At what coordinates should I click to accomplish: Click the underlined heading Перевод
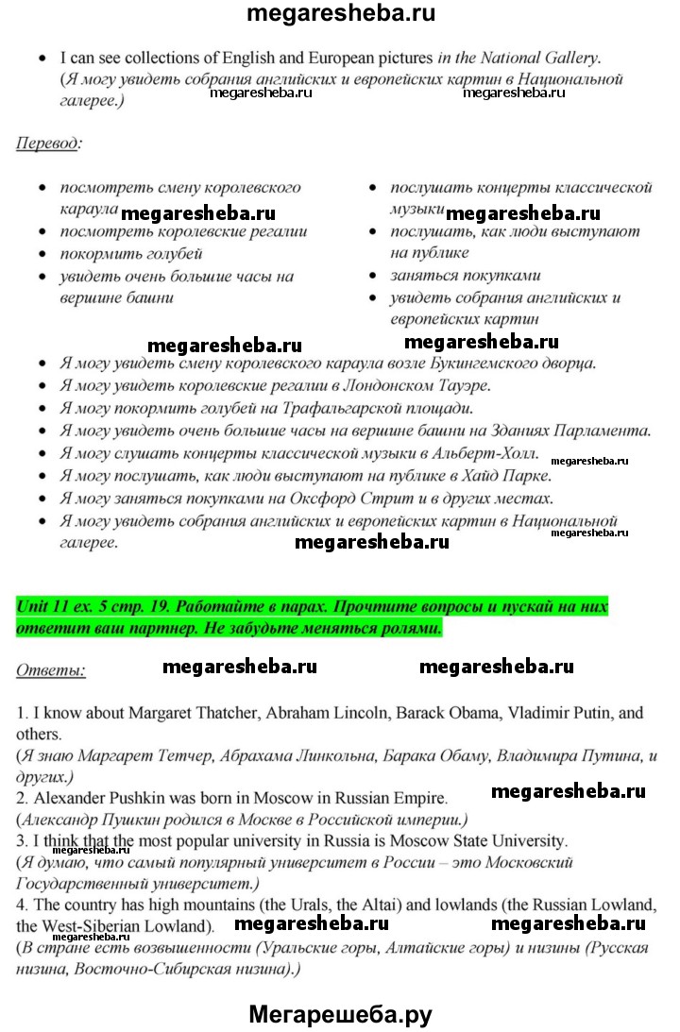[x=47, y=144]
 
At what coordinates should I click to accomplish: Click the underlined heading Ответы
[x=50, y=670]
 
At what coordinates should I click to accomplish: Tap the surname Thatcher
[x=218, y=713]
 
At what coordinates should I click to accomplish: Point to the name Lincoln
[x=347, y=713]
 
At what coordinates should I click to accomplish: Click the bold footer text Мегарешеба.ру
[x=340, y=1014]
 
